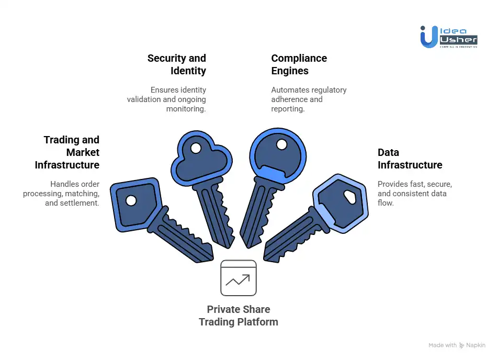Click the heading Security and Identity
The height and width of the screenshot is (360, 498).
click(176, 64)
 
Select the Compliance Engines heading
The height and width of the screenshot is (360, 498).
click(299, 64)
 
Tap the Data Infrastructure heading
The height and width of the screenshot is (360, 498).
click(410, 159)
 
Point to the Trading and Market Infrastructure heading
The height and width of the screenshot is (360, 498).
click(67, 152)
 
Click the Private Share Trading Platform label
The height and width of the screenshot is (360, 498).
click(238, 316)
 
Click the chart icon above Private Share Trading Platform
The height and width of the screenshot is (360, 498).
click(238, 278)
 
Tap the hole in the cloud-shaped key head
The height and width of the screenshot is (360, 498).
click(196, 148)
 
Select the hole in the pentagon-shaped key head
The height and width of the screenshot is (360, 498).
click(131, 200)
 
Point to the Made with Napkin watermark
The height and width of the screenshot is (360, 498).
click(456, 345)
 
